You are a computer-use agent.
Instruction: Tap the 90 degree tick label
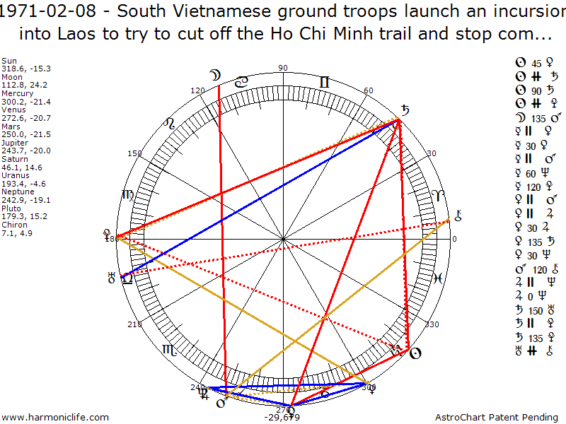284,69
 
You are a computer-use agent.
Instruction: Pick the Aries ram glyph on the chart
438,195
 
